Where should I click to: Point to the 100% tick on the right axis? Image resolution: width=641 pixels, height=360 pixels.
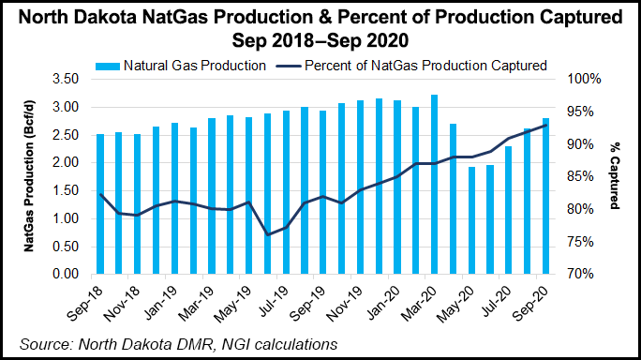[x=573, y=80]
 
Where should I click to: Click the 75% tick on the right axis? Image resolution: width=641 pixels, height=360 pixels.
[x=573, y=242]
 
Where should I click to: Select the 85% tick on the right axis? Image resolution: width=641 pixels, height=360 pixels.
[x=573, y=177]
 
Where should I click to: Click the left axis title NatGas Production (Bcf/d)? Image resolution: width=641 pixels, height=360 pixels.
[x=31, y=177]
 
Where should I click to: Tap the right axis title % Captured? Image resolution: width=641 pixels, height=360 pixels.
[x=615, y=177]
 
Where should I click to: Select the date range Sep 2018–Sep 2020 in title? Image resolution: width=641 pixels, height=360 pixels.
[x=320, y=40]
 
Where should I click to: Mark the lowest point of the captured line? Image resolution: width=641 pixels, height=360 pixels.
[x=268, y=234]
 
